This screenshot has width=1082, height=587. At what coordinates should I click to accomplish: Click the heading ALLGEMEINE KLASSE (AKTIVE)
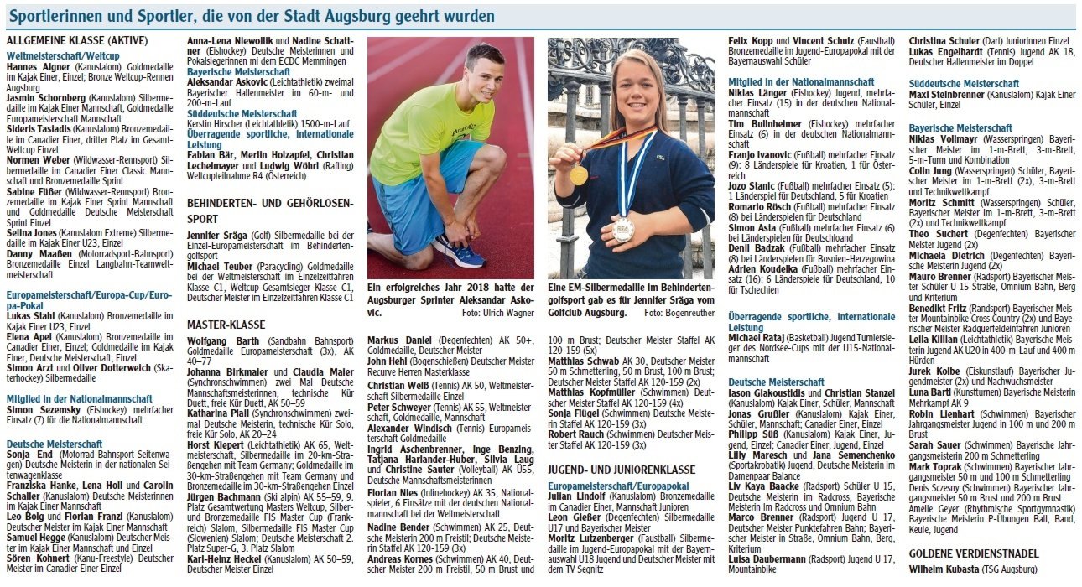click(x=77, y=39)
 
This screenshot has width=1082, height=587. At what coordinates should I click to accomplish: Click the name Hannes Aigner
click(x=34, y=65)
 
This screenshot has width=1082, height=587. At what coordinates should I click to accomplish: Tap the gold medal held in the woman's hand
click(x=579, y=174)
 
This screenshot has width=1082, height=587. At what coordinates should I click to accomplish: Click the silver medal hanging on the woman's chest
click(x=623, y=229)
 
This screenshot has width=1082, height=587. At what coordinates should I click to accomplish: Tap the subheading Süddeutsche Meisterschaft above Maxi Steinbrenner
click(x=964, y=84)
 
